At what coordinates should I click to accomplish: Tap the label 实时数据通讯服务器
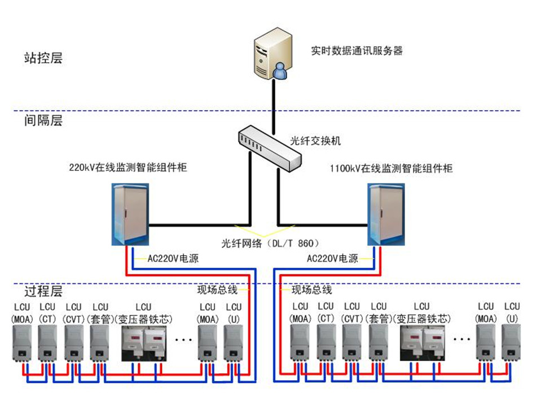[x=357, y=51]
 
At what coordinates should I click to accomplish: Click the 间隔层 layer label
[x=43, y=120]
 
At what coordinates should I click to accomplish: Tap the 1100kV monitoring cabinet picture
[x=386, y=215]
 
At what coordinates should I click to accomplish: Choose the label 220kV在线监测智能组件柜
[x=128, y=168]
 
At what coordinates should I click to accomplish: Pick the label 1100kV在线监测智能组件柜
[x=391, y=168]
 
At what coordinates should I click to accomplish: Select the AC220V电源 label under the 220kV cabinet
[x=173, y=259]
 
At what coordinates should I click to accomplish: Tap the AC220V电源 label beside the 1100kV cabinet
[x=332, y=259]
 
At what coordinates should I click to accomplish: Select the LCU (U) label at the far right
[x=512, y=313]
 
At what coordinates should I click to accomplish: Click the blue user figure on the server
[x=279, y=71]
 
